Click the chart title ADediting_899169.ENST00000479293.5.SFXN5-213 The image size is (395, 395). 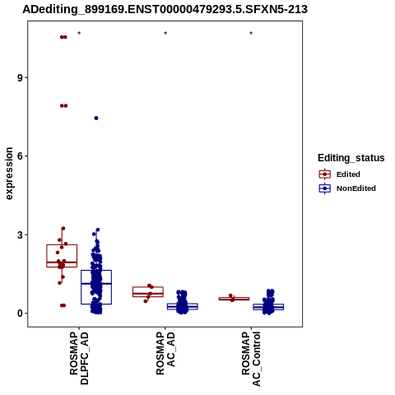(x=165, y=9)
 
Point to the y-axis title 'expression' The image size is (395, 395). (x=9, y=174)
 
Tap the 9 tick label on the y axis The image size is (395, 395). (x=21, y=77)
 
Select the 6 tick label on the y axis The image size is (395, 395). (x=21, y=156)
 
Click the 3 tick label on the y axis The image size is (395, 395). (x=21, y=235)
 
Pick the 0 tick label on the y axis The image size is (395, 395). (x=21, y=314)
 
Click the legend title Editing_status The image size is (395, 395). (x=351, y=158)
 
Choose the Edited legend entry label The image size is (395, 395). (x=348, y=174)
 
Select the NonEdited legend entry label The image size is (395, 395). (x=356, y=188)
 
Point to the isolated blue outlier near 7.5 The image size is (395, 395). (x=96, y=118)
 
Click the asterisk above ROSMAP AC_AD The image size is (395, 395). (x=165, y=34)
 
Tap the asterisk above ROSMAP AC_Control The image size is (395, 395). (x=251, y=34)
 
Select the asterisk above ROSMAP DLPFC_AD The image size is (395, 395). (x=79, y=34)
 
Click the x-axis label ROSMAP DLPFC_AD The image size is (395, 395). (x=79, y=358)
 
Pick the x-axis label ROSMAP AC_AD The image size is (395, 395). (x=165, y=353)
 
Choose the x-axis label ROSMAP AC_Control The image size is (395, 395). (x=251, y=359)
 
